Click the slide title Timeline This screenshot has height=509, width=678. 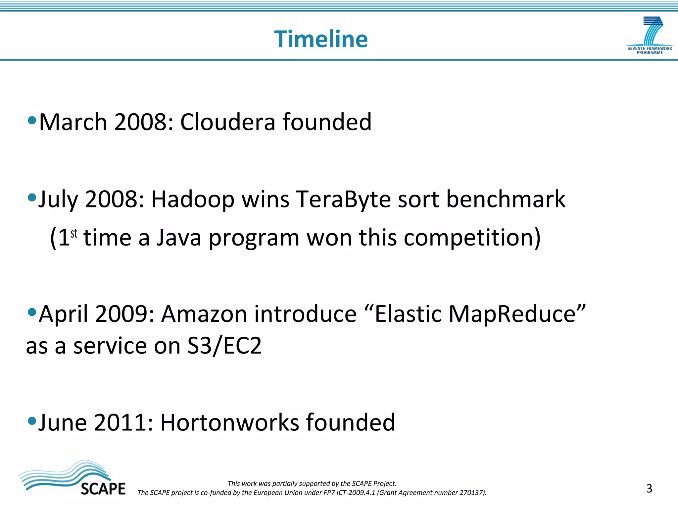coord(321,39)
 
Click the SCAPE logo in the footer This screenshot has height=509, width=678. coord(73,479)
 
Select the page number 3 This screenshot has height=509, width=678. coord(649,488)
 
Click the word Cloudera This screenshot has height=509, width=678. coord(227,122)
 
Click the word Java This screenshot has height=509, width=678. coord(179,238)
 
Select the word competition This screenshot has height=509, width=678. coord(472,238)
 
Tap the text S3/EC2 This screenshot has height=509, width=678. coord(224,346)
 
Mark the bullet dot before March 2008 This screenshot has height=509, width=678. coord(32,120)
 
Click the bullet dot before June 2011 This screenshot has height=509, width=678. coord(32,421)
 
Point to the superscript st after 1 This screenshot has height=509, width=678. coord(74,233)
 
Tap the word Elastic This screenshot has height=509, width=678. coord(408,314)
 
